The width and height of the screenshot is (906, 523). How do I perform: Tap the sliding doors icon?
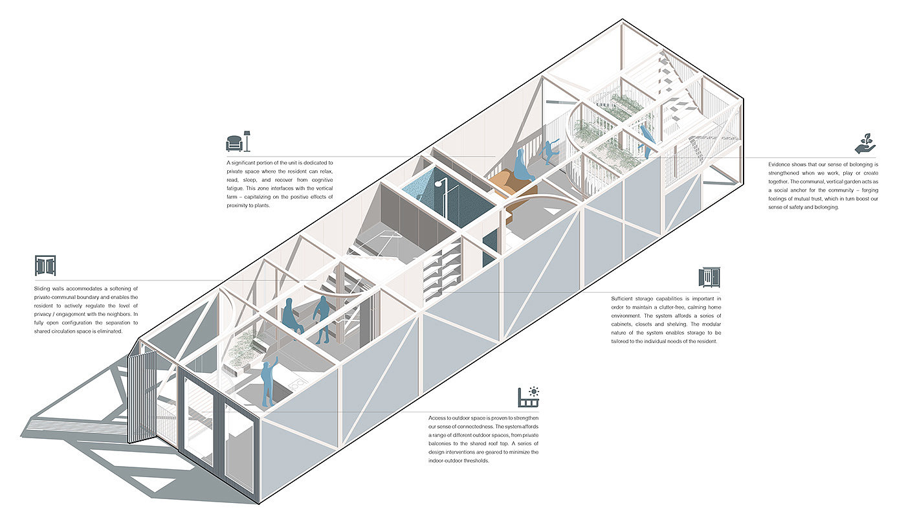45,265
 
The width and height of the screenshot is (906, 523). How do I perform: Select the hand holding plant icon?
867,142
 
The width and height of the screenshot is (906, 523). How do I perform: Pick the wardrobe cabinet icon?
709,277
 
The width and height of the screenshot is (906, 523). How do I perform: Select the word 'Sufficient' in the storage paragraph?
625,298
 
